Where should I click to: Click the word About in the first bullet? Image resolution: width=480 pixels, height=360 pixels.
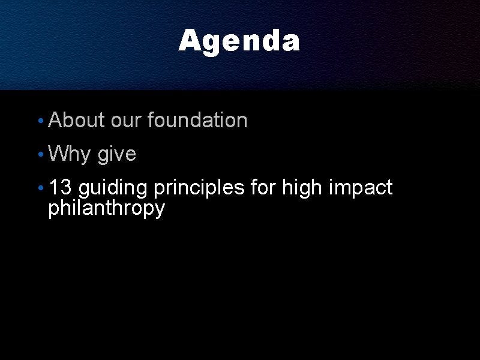[x=77, y=119]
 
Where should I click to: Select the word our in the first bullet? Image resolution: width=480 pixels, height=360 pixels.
[x=126, y=121]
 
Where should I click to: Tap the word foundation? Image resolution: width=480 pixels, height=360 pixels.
[x=197, y=119]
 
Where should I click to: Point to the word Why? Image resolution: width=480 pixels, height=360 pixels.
[x=69, y=154]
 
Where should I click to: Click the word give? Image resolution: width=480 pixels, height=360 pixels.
[x=116, y=154]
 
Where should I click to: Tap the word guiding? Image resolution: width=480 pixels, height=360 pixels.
[x=113, y=188]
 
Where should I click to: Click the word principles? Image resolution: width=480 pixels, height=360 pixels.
[x=199, y=188]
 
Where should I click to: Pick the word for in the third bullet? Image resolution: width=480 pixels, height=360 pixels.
[x=263, y=187]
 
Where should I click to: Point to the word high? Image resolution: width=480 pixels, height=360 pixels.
[x=302, y=188]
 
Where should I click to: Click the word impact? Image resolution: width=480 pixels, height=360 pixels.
[x=361, y=188]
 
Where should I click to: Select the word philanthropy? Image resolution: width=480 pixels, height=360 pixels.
[x=107, y=209]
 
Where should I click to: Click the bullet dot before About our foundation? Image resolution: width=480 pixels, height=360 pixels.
[x=41, y=121]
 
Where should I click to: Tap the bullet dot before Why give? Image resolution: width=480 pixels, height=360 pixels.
[x=41, y=154]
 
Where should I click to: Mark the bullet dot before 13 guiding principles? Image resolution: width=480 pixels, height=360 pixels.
[x=41, y=188]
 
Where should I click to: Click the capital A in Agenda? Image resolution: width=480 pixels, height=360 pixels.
[x=190, y=40]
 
